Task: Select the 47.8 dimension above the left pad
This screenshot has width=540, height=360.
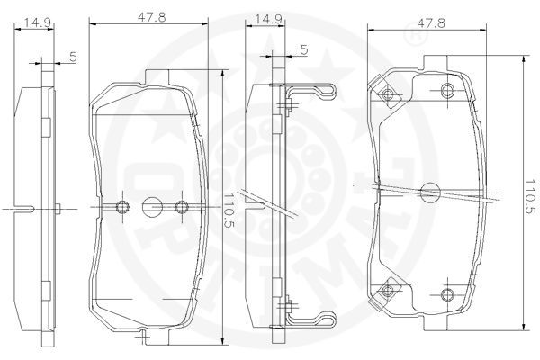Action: pyautogui.click(x=151, y=17)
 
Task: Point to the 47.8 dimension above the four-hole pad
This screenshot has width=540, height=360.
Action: pyautogui.click(x=431, y=22)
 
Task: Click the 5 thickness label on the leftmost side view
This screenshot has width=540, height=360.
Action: pyautogui.click(x=74, y=57)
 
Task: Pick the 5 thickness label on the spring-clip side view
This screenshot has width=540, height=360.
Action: pyautogui.click(x=304, y=50)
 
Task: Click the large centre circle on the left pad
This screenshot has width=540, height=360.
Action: pyautogui.click(x=152, y=207)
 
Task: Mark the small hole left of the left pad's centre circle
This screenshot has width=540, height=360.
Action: pyautogui.click(x=122, y=207)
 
